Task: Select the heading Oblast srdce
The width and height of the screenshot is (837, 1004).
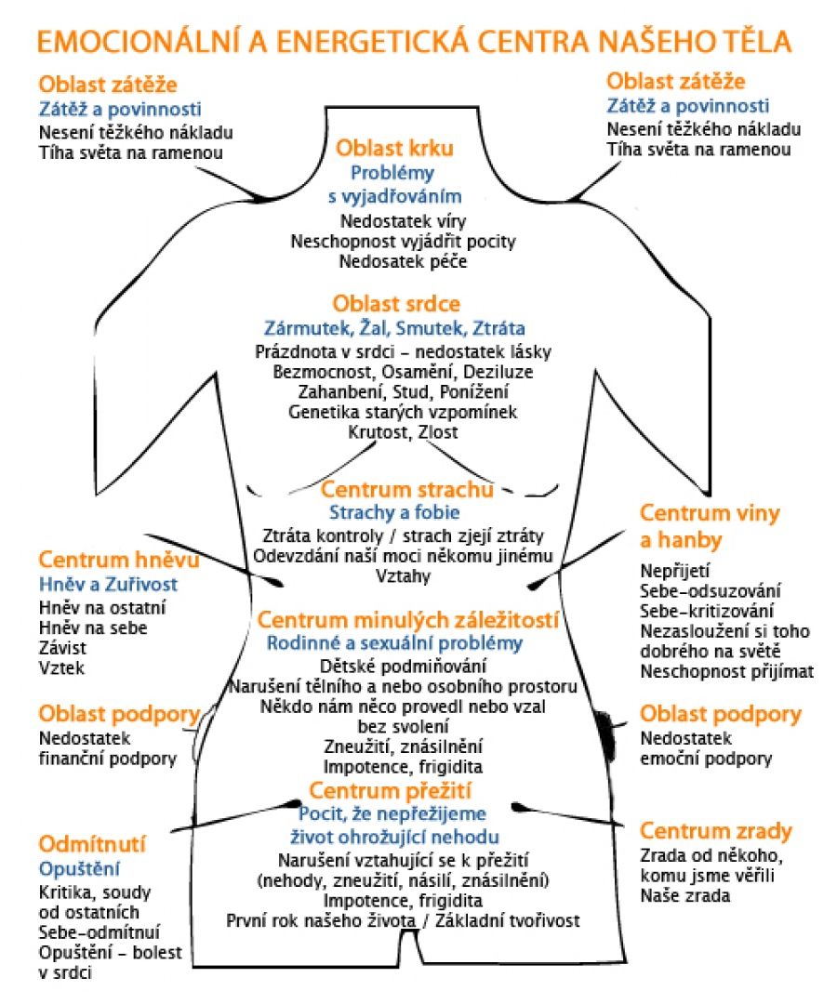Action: click(396, 304)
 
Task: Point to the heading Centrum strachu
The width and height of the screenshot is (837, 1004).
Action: click(407, 489)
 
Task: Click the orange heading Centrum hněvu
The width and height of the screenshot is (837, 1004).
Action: click(119, 561)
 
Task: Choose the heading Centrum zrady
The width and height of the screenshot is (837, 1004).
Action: click(716, 831)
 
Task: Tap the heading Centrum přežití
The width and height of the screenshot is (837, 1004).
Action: click(391, 791)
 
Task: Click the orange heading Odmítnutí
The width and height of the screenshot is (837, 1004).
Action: click(92, 844)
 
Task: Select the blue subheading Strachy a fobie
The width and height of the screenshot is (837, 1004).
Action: click(394, 512)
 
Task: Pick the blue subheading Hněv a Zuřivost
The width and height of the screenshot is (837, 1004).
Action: click(108, 585)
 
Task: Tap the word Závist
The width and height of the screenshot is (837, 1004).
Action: click(63, 648)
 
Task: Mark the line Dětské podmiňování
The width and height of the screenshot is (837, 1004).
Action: click(403, 667)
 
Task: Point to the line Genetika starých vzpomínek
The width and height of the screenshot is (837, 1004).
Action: click(403, 412)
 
